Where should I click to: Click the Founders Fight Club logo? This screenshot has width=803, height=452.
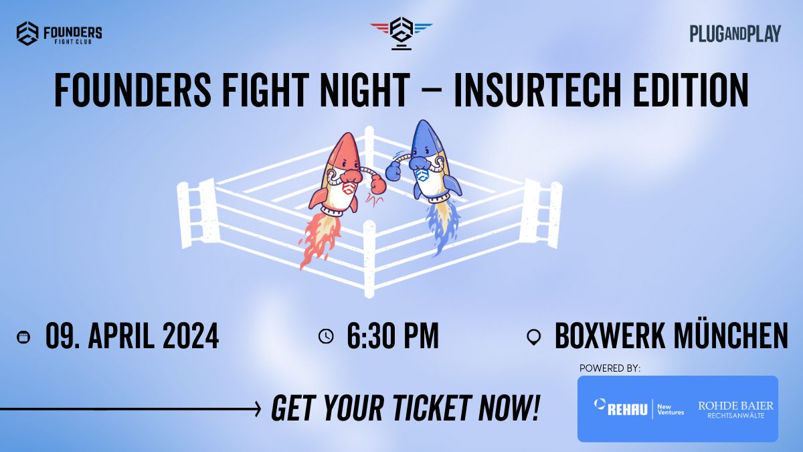[59, 33]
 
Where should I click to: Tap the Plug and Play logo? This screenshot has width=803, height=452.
[735, 33]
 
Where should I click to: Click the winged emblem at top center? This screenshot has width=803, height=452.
[401, 32]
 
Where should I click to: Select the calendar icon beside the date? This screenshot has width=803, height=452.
[23, 337]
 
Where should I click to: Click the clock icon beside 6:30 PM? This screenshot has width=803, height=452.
[326, 336]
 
